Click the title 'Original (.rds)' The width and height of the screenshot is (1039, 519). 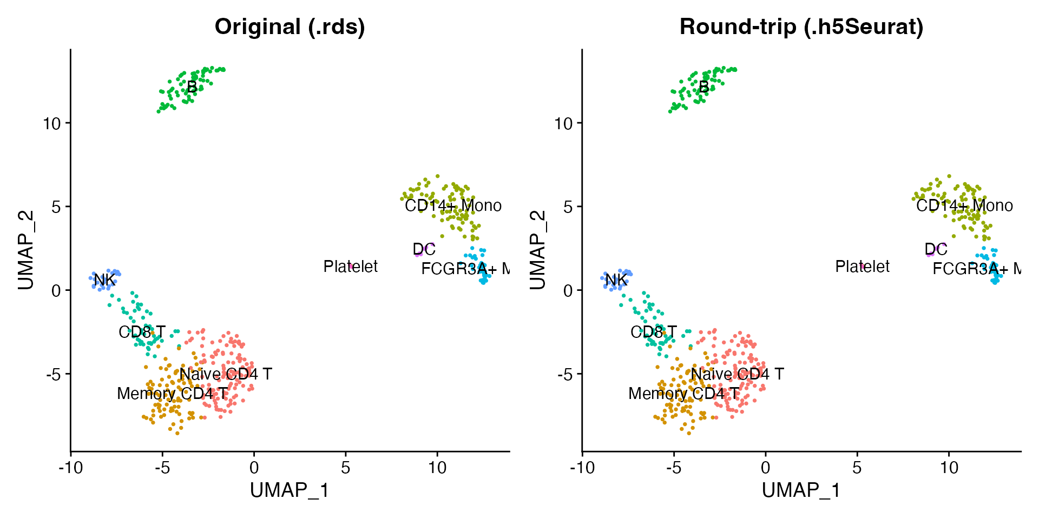290,27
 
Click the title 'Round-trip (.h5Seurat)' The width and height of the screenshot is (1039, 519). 801,27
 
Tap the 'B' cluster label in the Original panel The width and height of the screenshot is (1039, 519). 192,87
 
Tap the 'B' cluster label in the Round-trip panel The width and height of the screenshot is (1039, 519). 703,87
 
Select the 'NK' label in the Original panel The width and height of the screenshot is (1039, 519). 104,280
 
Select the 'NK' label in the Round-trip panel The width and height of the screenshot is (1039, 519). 616,280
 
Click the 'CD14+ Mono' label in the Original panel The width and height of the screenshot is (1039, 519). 453,206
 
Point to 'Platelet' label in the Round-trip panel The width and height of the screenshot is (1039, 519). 862,267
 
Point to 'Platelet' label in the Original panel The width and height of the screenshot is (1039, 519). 351,267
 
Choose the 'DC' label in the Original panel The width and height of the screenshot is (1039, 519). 424,249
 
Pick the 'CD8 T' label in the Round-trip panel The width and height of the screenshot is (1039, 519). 653,332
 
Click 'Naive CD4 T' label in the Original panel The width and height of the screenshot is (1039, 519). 226,374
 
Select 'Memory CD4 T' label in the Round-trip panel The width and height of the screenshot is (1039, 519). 683,394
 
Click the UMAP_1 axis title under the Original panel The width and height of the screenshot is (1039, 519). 290,490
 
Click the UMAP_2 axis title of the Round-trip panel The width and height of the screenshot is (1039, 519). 537,250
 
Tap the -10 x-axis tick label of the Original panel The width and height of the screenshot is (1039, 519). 70,468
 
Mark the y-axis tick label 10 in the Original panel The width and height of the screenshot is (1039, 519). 53,123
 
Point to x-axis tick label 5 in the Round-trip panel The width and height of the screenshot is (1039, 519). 857,468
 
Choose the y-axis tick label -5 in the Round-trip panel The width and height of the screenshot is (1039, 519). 564,374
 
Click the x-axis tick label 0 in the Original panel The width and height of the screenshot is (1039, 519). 254,468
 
